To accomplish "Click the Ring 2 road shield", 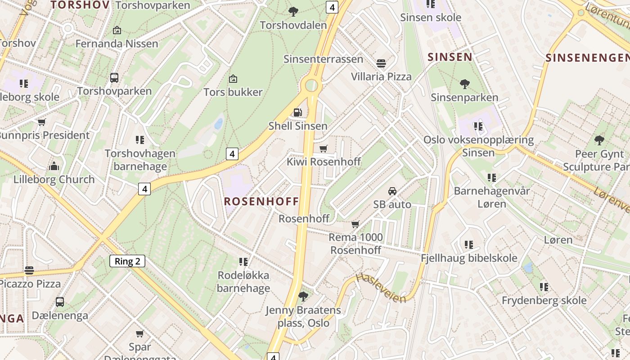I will click(127, 261).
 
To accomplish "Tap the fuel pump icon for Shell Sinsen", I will click(297, 112).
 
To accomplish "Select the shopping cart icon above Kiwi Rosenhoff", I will click(323, 148).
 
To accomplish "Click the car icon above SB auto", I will click(392, 191).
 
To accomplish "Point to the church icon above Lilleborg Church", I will click(54, 166).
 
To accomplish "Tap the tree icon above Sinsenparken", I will click(465, 84).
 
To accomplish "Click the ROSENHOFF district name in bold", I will click(261, 201).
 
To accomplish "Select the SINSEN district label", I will click(450, 57).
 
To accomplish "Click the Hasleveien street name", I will click(381, 288).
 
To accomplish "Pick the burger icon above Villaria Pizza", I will click(381, 63).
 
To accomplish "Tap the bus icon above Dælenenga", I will click(60, 302).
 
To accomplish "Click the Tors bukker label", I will click(233, 92).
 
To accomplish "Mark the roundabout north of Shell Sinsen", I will click(311, 85).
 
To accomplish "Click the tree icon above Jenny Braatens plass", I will click(303, 296).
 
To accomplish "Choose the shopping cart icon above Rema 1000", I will click(355, 224).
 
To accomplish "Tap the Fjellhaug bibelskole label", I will click(469, 258).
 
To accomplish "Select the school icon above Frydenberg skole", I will click(544, 287).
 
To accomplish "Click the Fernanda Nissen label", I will click(117, 44).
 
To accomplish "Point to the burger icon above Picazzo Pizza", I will click(29, 270).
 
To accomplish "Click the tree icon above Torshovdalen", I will click(293, 12).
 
